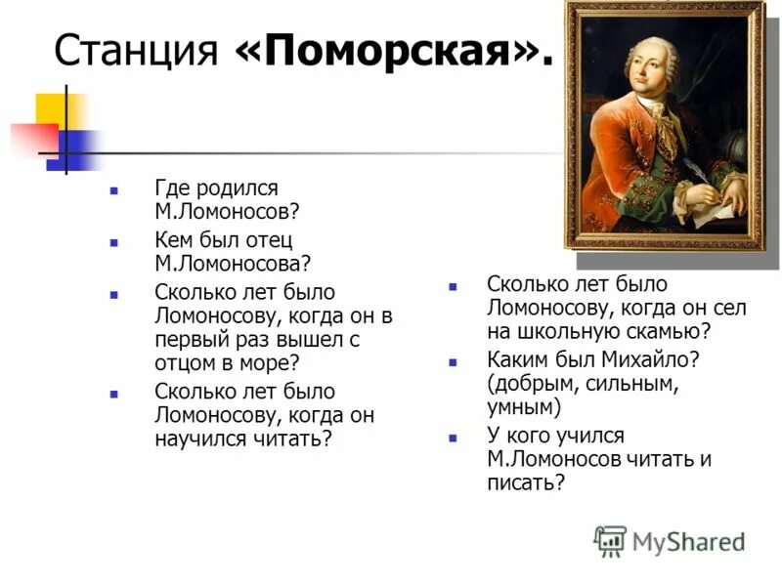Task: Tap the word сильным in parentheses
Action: (631, 383)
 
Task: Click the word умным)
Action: (523, 407)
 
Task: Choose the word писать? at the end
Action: (526, 482)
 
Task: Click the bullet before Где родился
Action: (114, 188)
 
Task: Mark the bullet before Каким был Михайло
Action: (452, 361)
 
